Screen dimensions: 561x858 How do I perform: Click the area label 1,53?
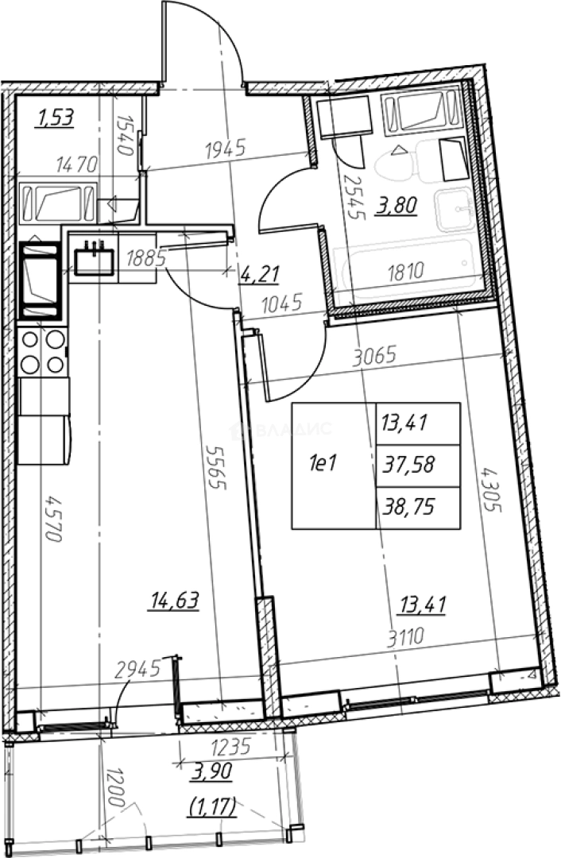click(x=56, y=118)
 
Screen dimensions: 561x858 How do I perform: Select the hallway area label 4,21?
click(x=259, y=273)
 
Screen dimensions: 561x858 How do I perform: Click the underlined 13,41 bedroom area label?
click(x=423, y=605)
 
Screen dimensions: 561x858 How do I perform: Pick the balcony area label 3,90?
click(x=212, y=771)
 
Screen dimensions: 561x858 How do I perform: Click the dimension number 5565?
click(x=217, y=467)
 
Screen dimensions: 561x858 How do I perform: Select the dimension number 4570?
click(x=53, y=519)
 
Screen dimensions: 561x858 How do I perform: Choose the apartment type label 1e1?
click(x=323, y=465)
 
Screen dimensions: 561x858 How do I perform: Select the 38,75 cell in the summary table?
click(x=410, y=508)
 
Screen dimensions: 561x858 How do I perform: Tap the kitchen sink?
click(x=94, y=258)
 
